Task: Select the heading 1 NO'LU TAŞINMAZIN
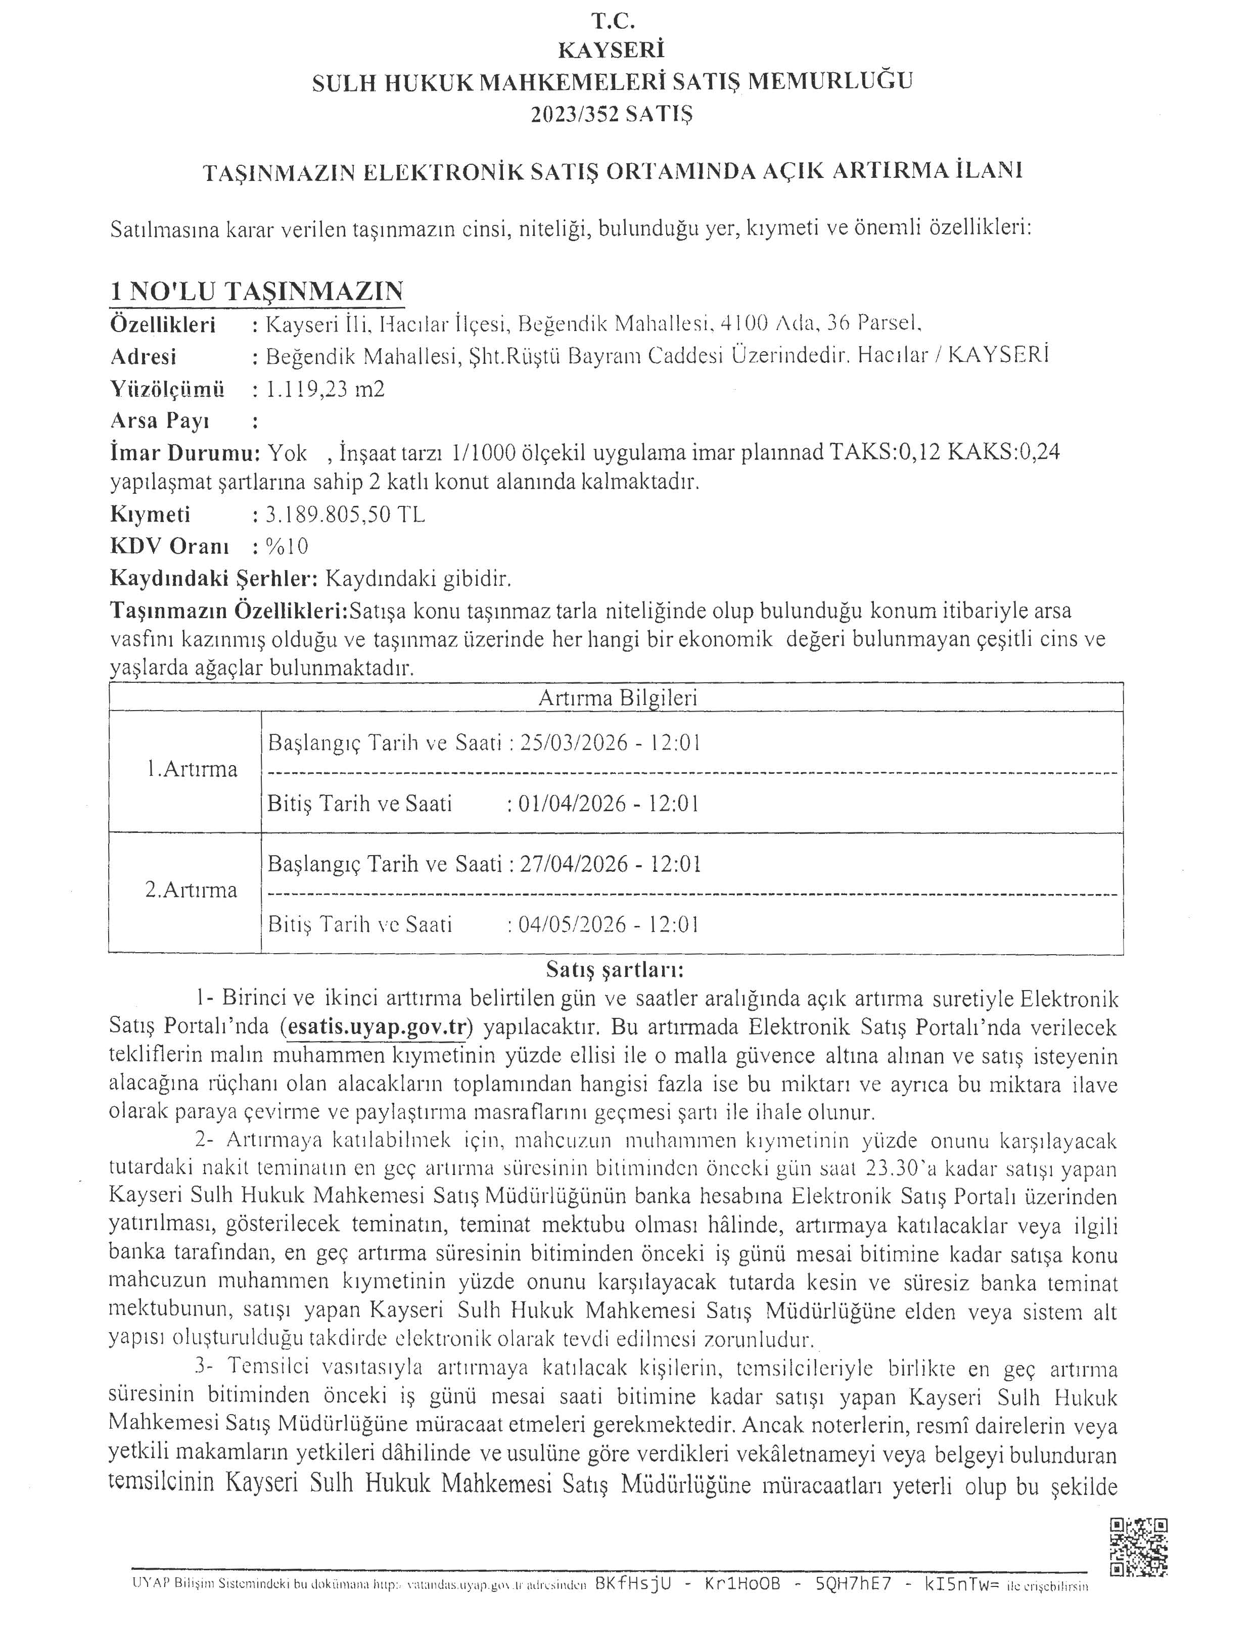pyautogui.click(x=257, y=291)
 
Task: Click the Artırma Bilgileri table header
pyautogui.click(x=617, y=698)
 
